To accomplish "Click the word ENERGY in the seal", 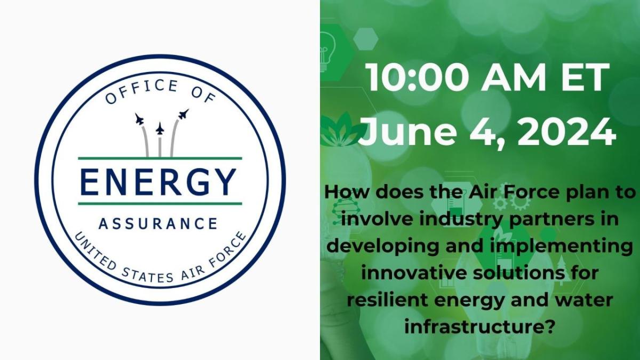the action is tap(158, 182).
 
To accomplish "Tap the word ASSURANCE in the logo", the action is tap(158, 223).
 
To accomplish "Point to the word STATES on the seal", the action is tap(147, 275).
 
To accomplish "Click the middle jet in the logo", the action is tap(159, 129).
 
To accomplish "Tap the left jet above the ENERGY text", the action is tap(139, 119).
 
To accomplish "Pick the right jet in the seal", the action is tap(183, 114).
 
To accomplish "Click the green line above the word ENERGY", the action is tap(160, 158).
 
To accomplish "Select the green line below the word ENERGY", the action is tap(160, 204).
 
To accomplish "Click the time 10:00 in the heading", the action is tap(418, 77).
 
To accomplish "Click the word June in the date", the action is tap(406, 132).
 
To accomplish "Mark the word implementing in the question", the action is tap(561, 246).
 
